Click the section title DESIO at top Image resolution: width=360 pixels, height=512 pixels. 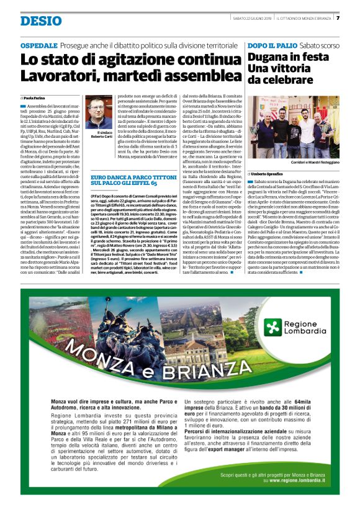41,21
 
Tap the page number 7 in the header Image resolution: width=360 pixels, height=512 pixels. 338,17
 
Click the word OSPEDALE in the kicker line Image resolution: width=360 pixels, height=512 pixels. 39,47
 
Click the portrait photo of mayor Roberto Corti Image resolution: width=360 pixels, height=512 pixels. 97,115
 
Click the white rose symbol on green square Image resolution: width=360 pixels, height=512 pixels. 271,327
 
